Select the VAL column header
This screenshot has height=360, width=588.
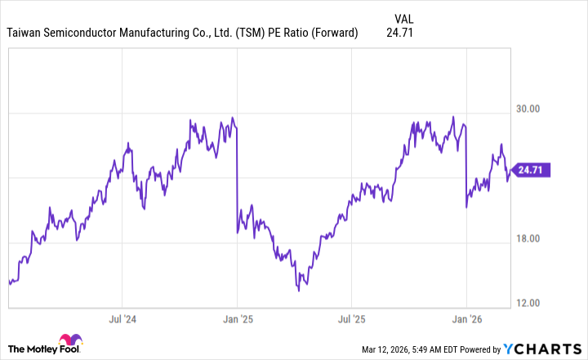403,18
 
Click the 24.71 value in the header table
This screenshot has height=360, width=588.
399,33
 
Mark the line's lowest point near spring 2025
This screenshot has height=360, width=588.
299,290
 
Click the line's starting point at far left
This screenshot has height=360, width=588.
9,282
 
